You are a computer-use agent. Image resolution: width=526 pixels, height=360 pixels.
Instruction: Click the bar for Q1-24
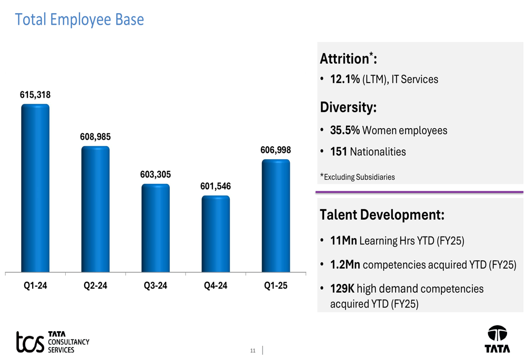35,188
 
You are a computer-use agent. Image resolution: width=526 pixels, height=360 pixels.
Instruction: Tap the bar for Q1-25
276,216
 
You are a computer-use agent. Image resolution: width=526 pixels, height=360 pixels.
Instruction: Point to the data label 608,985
95,137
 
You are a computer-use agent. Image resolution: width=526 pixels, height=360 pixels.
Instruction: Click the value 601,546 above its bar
216,186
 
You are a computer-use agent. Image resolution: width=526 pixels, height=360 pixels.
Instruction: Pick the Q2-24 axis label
95,286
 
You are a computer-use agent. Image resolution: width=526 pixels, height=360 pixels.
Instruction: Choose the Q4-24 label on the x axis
216,286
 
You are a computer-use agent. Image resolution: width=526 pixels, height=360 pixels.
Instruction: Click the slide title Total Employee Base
79,20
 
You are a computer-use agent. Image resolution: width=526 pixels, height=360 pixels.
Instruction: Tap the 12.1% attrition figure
345,79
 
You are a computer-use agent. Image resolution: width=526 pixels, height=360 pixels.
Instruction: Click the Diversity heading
349,108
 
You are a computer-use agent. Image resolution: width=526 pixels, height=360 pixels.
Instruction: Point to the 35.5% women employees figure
345,130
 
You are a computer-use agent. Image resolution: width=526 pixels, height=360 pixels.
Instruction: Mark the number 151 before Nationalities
338,152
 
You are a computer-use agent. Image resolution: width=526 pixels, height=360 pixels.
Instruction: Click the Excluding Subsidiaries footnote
358,177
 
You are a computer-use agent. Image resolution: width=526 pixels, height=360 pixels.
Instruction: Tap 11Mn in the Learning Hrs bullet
343,241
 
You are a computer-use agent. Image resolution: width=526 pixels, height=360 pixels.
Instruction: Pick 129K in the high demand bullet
342,289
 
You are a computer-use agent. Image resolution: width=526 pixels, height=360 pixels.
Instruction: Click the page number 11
252,351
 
